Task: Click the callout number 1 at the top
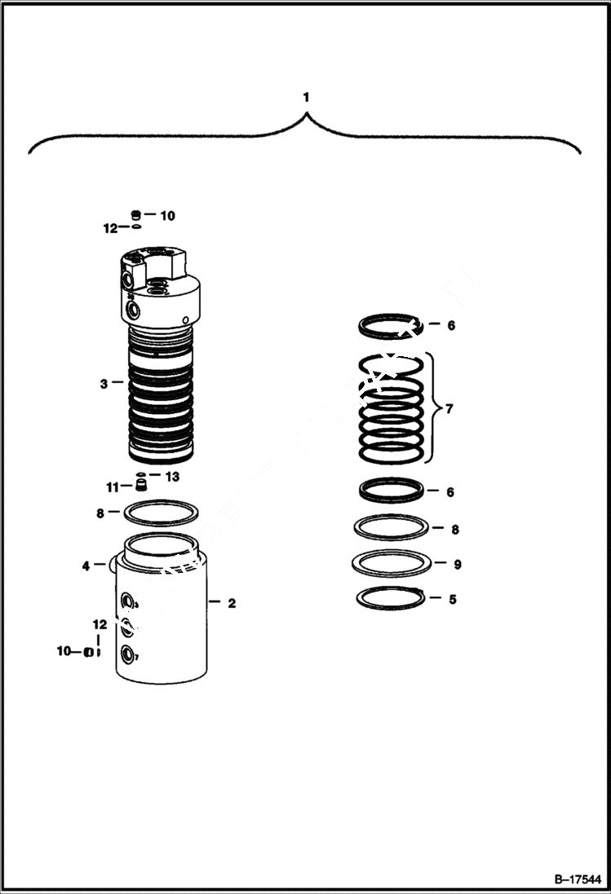tap(306, 97)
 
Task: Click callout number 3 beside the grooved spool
tap(104, 383)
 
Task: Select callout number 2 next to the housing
tap(232, 604)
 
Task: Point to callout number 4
tap(86, 565)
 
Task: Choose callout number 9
tap(457, 564)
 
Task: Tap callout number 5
tap(452, 599)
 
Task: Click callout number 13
tap(172, 477)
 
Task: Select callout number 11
tap(112, 487)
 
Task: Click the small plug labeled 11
tap(140, 487)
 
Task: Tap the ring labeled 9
tap(391, 562)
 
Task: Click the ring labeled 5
tap(392, 598)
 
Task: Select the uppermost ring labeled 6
tap(391, 326)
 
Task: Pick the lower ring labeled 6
tap(392, 491)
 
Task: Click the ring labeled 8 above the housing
tap(161, 513)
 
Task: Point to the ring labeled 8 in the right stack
tap(391, 527)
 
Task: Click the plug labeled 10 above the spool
tap(137, 215)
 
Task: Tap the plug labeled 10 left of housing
tap(86, 651)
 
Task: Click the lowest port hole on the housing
tap(128, 654)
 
